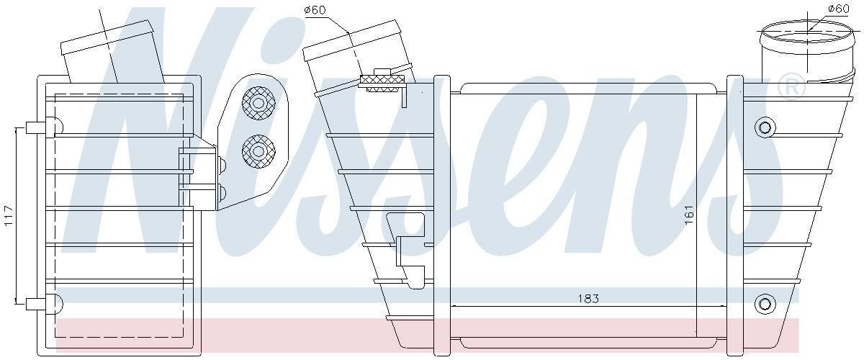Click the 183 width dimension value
[x=588, y=298]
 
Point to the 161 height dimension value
[x=689, y=214]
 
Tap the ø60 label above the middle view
[x=315, y=10]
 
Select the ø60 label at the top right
[x=839, y=9]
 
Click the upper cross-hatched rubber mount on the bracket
[x=258, y=103]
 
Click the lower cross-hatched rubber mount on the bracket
[x=258, y=151]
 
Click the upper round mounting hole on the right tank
[x=765, y=127]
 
